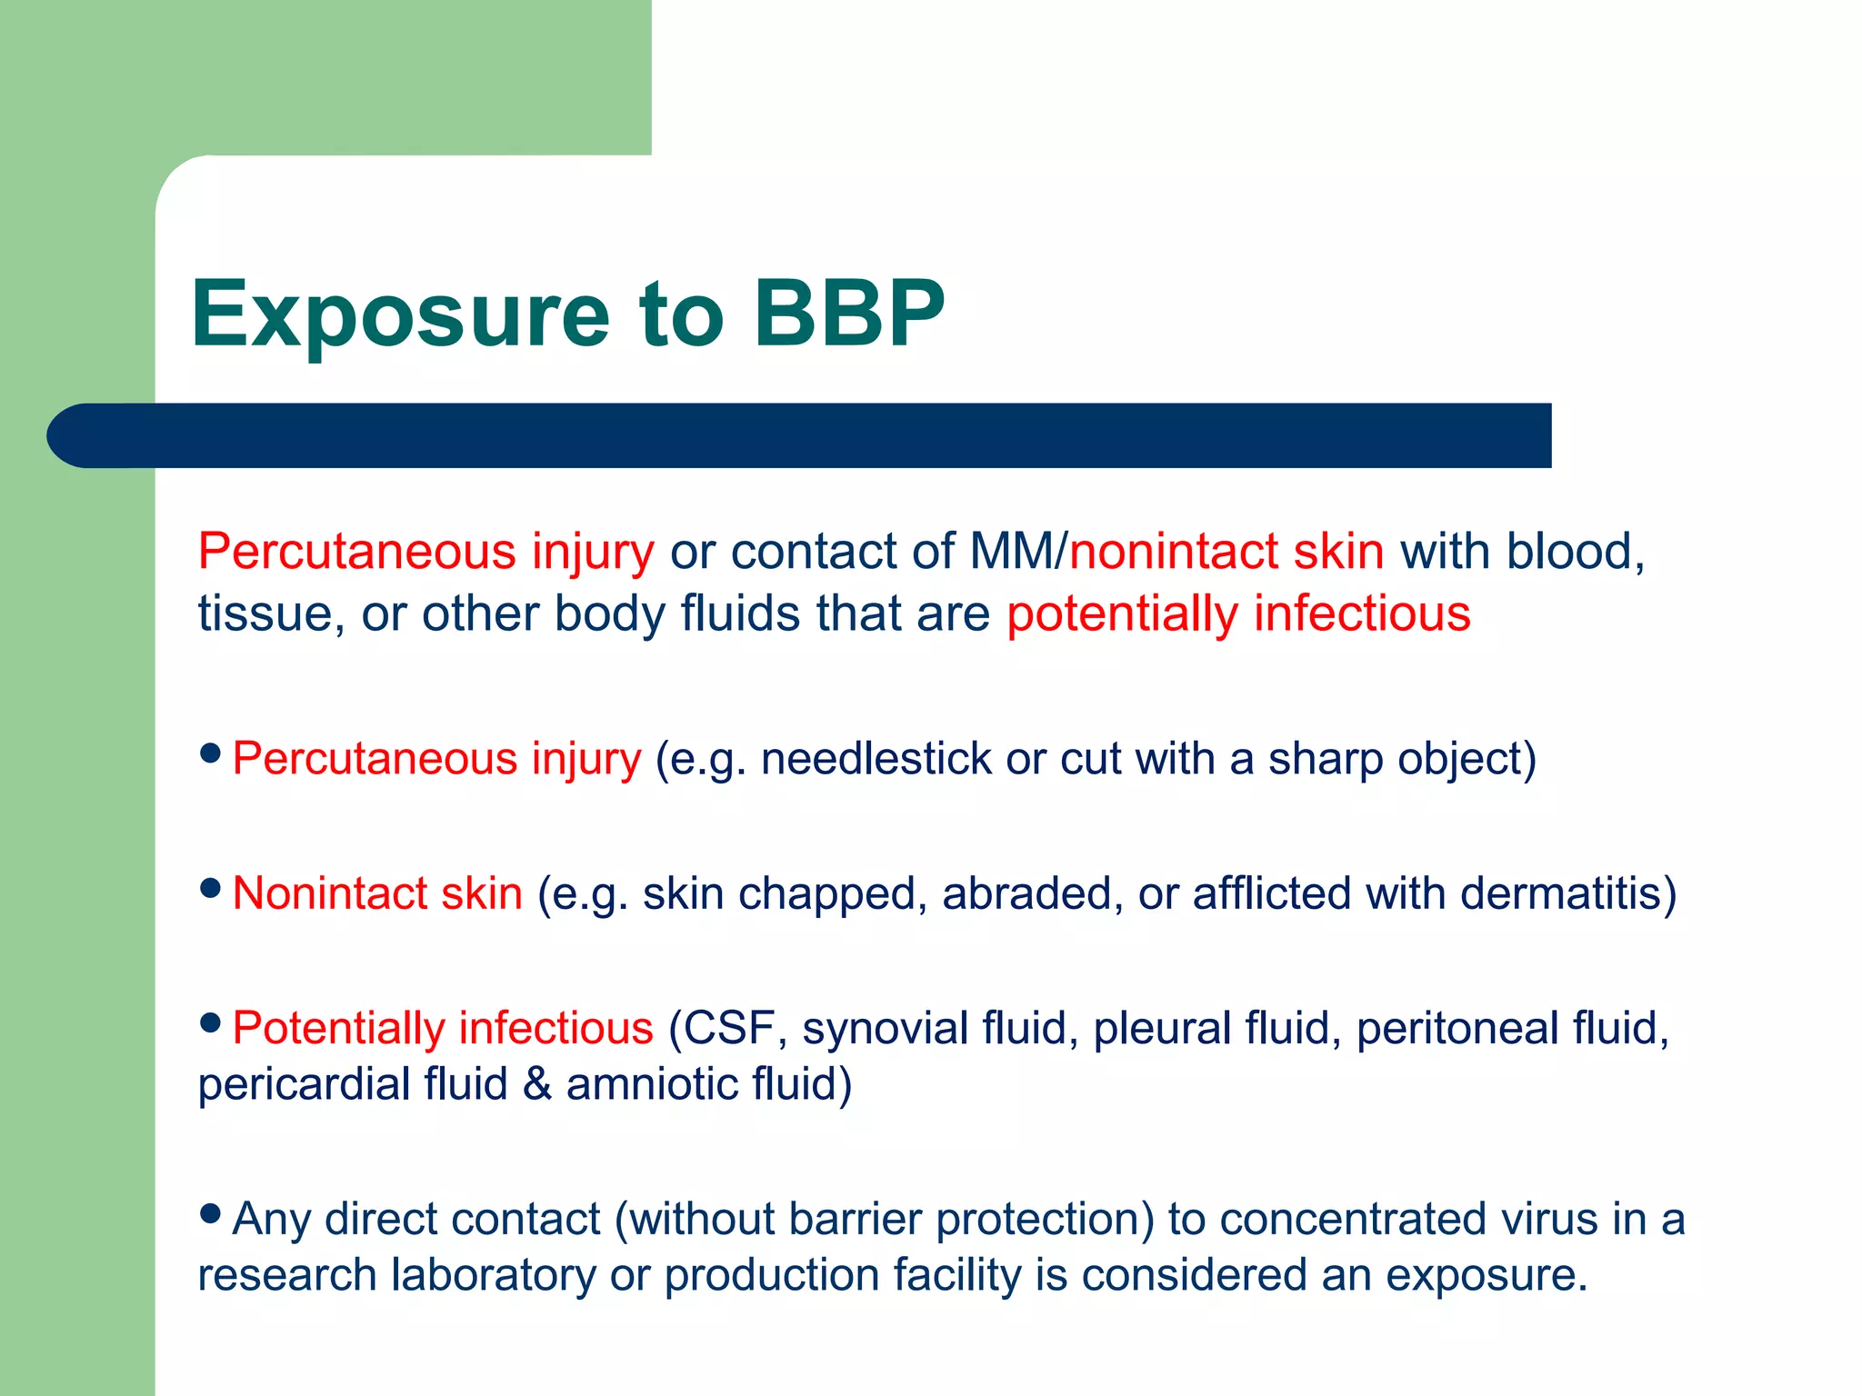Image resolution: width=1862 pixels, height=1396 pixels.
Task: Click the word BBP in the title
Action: point(850,314)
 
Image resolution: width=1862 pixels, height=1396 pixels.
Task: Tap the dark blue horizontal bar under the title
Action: point(800,435)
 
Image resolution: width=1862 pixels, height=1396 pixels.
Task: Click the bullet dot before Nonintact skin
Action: point(210,888)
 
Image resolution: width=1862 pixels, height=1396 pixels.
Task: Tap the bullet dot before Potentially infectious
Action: point(210,1023)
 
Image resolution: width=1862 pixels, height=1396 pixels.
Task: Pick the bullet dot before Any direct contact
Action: point(210,1213)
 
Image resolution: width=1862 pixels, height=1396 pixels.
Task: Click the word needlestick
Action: point(876,759)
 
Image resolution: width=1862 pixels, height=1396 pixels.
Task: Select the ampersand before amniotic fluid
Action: point(537,1084)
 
